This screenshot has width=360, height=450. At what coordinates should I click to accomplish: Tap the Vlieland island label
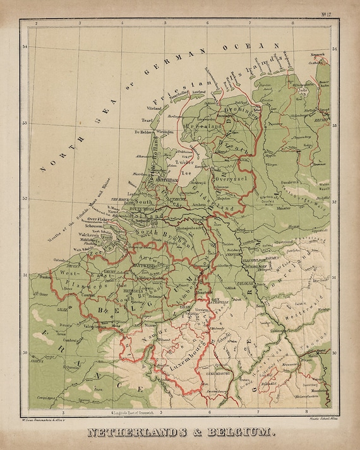tap(155, 108)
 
